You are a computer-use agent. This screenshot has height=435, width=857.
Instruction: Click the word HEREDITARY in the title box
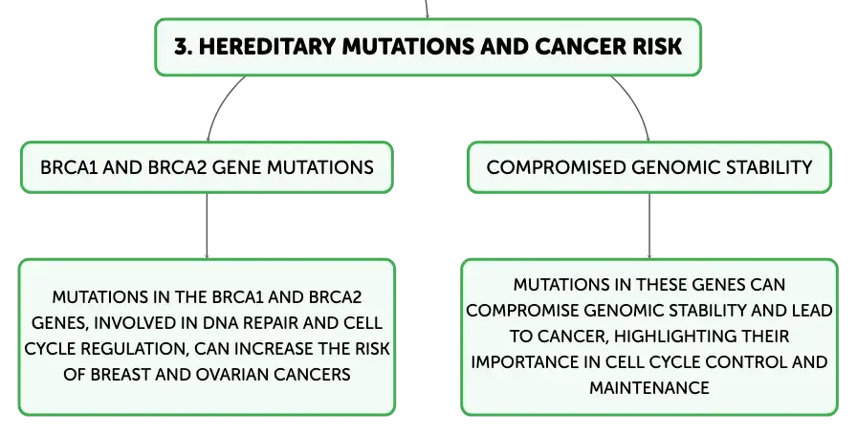(x=267, y=47)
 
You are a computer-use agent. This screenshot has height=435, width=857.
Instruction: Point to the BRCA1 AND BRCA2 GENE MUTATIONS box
(x=207, y=167)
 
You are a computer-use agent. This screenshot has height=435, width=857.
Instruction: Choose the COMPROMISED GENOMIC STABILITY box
(x=649, y=167)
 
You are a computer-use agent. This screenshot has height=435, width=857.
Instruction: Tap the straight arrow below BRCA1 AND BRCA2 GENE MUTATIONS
(x=207, y=227)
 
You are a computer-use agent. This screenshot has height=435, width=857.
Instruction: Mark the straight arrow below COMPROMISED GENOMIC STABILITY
(x=649, y=227)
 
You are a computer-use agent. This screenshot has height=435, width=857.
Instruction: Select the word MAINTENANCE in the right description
(x=649, y=387)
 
